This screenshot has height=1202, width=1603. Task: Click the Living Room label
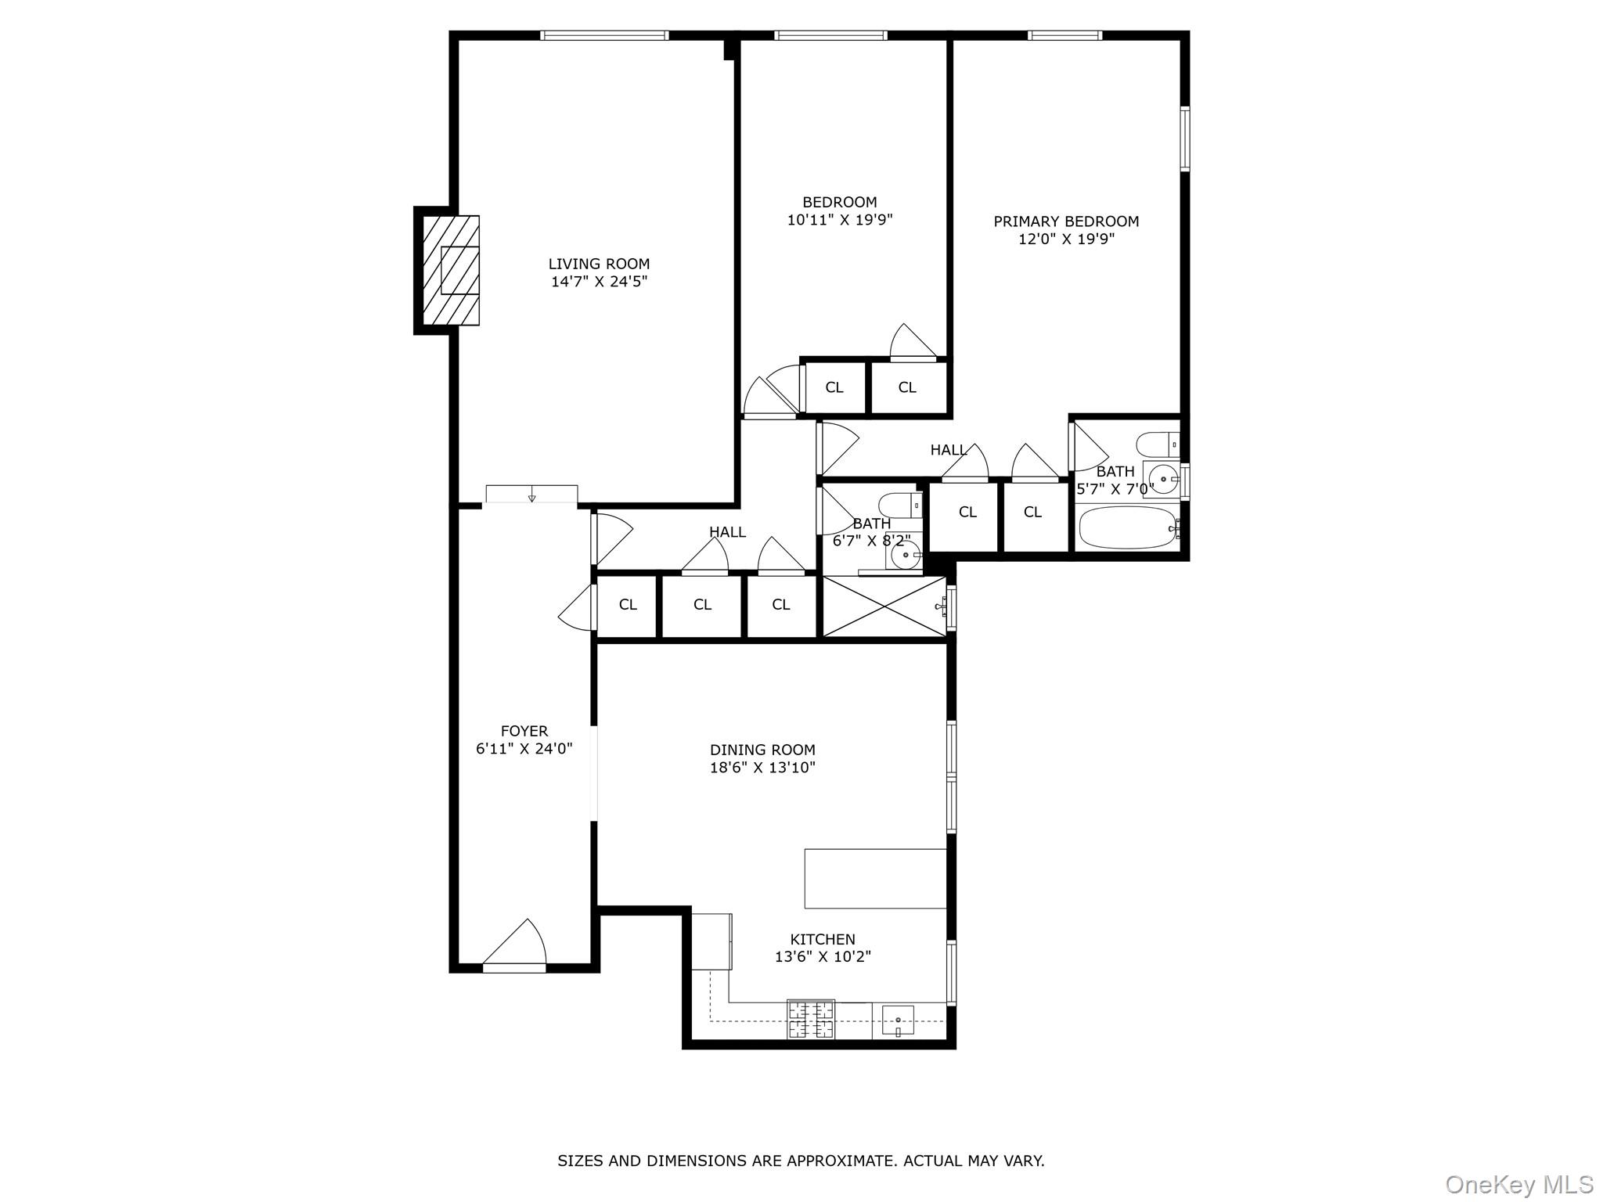point(599,265)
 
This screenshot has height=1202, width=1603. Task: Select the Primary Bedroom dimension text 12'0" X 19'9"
point(1066,239)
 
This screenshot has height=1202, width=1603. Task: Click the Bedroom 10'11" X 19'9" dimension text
point(840,221)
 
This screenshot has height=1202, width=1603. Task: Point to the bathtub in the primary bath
point(1126,528)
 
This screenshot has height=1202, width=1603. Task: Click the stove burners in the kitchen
point(811,1020)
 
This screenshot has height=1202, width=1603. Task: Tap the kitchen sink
point(898,1021)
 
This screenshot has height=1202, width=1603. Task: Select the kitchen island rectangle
point(875,878)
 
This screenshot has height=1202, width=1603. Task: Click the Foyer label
point(524,732)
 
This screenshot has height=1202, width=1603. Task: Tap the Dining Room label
point(762,750)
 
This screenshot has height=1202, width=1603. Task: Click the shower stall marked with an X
point(884,607)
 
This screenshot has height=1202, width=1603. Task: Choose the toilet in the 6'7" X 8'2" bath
point(900,505)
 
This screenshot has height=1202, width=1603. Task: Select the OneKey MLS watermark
point(1518,1185)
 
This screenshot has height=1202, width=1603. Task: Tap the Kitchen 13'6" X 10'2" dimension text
point(823,956)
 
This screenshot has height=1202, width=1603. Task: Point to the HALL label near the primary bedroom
point(948,450)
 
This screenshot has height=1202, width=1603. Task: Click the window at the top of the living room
point(604,35)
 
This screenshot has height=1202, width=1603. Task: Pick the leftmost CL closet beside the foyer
point(628,604)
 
